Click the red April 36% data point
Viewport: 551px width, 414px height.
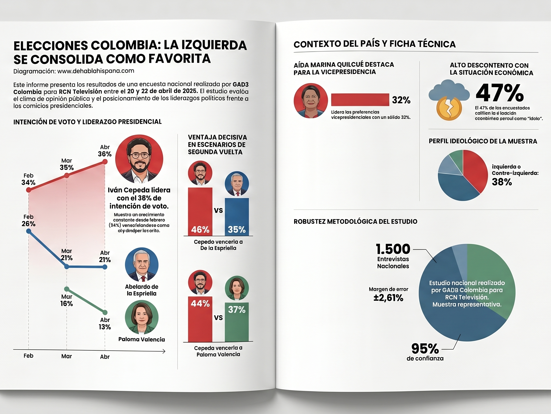pos(105,162)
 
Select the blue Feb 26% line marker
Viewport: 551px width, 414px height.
pos(29,231)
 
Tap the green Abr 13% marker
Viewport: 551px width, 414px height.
pos(105,312)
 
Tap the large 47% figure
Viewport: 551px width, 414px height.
pos(500,93)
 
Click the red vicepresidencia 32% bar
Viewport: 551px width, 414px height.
pos(360,100)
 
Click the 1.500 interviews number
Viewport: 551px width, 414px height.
pos(393,249)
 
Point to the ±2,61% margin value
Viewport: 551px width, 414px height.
pos(388,298)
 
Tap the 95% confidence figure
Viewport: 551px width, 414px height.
pos(425,349)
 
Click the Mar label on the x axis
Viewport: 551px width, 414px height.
pos(66,356)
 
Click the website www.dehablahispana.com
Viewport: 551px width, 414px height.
pos(96,71)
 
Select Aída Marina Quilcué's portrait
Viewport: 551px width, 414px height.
pos(310,101)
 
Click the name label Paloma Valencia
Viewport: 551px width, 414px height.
pos(142,339)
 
